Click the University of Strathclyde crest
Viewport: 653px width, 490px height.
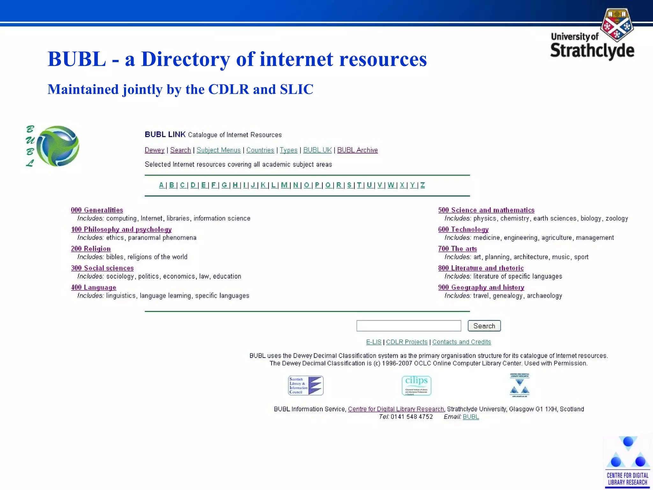coord(617,25)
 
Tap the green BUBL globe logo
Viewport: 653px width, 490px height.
coord(58,146)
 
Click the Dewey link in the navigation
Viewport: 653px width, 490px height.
coord(154,150)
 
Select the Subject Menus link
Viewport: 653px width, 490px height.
coord(218,150)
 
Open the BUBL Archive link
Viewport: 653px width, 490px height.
coord(357,150)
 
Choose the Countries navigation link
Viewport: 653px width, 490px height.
coord(260,150)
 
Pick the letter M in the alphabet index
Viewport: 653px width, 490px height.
coord(284,185)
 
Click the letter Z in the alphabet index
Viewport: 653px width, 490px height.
coord(422,185)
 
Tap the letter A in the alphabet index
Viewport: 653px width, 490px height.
coord(161,185)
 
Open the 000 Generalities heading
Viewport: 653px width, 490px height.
coord(97,210)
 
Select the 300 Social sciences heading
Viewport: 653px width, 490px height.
coord(102,268)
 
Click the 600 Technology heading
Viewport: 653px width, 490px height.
coord(463,229)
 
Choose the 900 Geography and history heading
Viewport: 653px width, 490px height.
coord(481,287)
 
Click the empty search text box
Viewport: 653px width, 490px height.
coord(409,326)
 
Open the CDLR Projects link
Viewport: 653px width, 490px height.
coord(407,342)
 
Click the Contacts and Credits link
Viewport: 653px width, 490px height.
coord(461,342)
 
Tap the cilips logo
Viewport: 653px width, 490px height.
coord(416,385)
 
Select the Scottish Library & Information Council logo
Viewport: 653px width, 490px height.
coord(306,385)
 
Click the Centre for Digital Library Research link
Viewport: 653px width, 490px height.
coord(396,409)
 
